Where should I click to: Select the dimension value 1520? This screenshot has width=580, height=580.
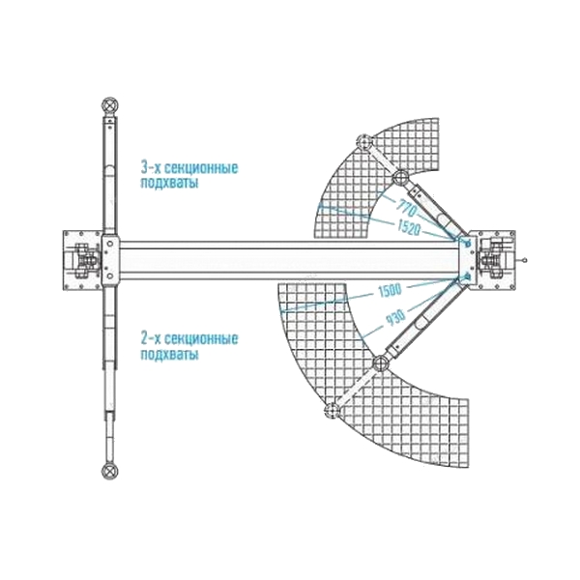coord(409,227)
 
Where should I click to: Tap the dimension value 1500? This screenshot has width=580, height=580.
coord(390,290)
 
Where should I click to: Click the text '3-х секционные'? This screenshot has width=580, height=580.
coord(189,167)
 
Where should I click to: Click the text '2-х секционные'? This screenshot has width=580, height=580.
coord(189,338)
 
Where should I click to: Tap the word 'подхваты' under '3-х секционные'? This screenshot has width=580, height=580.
coord(169,183)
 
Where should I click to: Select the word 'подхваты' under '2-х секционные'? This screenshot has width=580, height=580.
coord(169,354)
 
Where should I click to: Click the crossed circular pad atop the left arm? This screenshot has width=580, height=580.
coord(110,105)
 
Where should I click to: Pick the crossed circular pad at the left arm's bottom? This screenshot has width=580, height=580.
coord(110,472)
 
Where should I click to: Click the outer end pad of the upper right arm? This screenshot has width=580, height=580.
coord(364,142)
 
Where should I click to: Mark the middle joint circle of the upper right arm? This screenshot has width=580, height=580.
coord(400,178)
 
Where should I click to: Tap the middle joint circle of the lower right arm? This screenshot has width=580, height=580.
coord(381,363)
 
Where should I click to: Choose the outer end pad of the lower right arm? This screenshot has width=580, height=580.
coord(332,410)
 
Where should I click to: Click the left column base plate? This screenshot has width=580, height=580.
coord(82,260)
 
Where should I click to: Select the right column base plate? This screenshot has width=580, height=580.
coord(496,260)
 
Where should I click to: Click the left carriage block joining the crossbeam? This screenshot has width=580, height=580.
coord(110,260)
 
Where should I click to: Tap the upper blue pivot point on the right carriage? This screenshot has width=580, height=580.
coord(467,243)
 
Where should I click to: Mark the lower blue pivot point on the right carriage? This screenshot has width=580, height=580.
coord(467,275)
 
